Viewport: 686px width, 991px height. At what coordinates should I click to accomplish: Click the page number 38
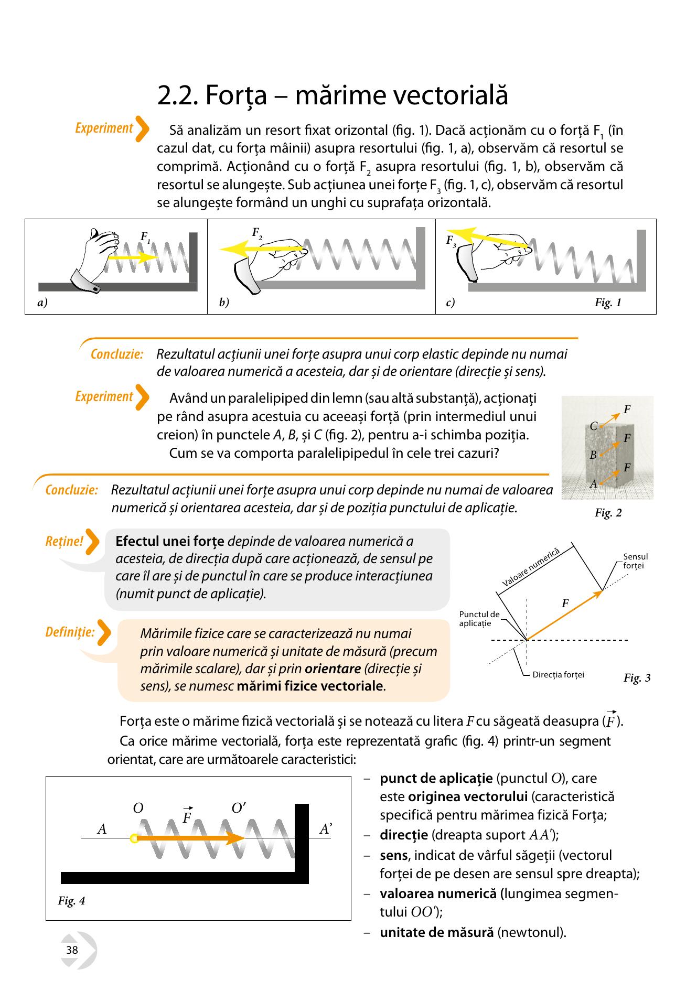tap(72, 950)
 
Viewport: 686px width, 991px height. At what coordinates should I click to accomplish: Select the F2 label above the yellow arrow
tap(257, 233)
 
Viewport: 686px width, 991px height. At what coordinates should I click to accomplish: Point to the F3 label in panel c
tap(451, 241)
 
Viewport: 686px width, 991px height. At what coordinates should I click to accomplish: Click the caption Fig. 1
tap(608, 303)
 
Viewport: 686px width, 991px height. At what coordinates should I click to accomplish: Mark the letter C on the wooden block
tap(594, 426)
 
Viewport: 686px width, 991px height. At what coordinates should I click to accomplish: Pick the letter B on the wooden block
tap(593, 455)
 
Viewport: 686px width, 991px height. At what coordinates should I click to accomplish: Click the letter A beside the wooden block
tap(593, 484)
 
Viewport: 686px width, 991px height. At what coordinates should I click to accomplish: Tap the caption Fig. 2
tap(608, 513)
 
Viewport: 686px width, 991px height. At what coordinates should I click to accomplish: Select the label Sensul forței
tap(636, 561)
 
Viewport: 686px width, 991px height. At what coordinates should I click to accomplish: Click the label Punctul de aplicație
tap(479, 619)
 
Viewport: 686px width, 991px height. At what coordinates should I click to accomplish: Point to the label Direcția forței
tap(558, 675)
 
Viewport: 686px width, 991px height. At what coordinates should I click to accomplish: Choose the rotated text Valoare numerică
tap(531, 567)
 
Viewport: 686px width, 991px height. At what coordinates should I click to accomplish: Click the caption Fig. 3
tap(637, 678)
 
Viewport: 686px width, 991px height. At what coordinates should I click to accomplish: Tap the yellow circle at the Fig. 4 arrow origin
tap(134, 838)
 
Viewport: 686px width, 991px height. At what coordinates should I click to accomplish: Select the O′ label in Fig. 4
tap(239, 808)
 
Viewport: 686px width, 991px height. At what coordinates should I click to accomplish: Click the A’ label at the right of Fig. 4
tap(326, 829)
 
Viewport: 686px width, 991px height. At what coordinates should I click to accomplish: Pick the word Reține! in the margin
tap(65, 541)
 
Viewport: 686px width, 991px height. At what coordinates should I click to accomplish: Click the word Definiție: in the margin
tap(70, 632)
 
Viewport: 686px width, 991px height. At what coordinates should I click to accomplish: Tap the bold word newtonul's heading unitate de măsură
tap(437, 933)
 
